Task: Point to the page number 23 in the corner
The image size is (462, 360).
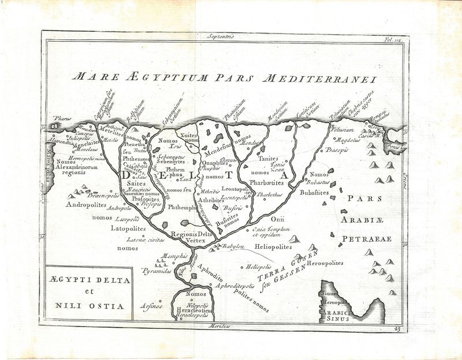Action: tap(396, 329)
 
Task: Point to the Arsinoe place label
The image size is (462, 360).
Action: tap(151, 305)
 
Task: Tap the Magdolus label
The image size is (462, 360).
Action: tap(348, 140)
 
